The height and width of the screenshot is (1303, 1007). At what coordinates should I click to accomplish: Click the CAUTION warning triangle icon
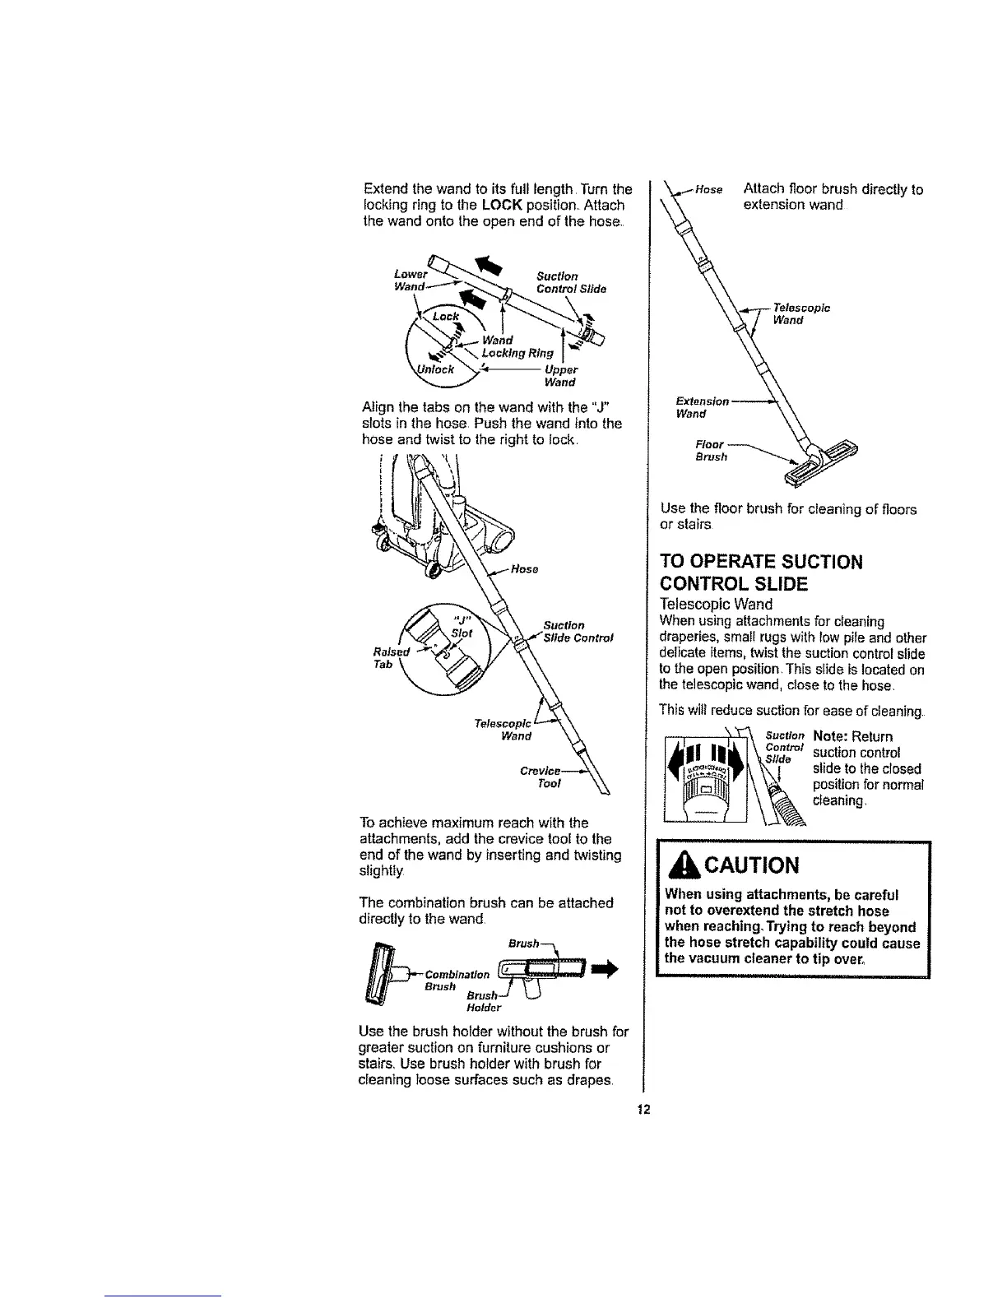pos(680,865)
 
